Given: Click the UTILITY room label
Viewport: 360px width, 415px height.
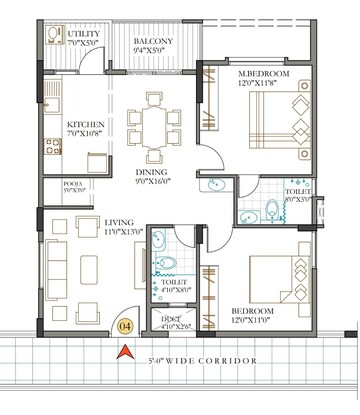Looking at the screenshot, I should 84,38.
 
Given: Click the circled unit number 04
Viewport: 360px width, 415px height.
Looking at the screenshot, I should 124,323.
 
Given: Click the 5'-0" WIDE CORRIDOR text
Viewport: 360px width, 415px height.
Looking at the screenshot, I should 200,359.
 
